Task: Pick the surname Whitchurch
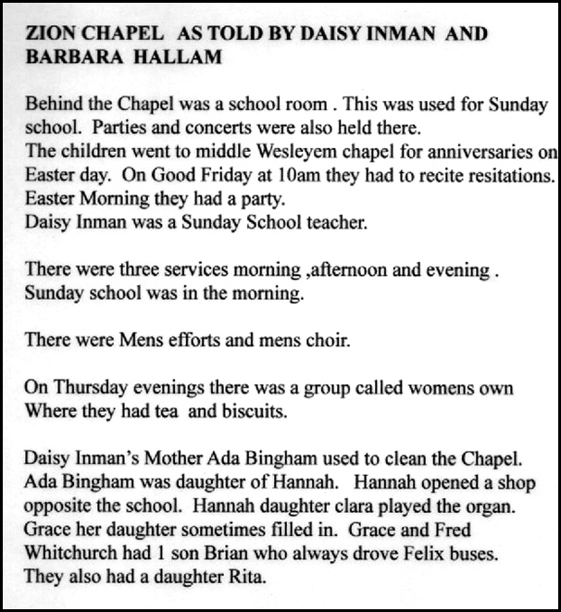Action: (71, 556)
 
